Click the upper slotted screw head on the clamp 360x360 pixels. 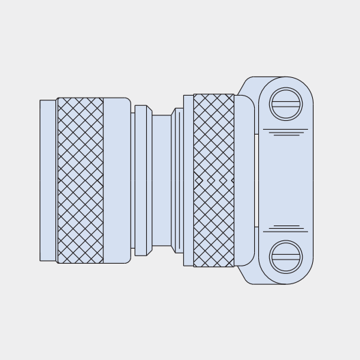(x=286, y=105)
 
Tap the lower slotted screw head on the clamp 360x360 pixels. (x=286, y=257)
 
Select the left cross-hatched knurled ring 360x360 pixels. (x=81, y=180)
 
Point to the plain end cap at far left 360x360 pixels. (x=48, y=180)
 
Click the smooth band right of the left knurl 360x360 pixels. (x=117, y=180)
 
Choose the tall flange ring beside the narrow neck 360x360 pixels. (x=141, y=180)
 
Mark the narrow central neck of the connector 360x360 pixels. (x=161, y=180)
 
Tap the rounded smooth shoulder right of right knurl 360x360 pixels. (x=244, y=180)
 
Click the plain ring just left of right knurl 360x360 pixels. (x=188, y=180)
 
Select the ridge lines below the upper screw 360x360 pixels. (x=286, y=132)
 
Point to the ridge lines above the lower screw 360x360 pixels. (x=286, y=228)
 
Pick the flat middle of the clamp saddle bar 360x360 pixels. (x=286, y=180)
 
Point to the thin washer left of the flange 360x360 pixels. (x=133, y=180)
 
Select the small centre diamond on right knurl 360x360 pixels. (x=211, y=180)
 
